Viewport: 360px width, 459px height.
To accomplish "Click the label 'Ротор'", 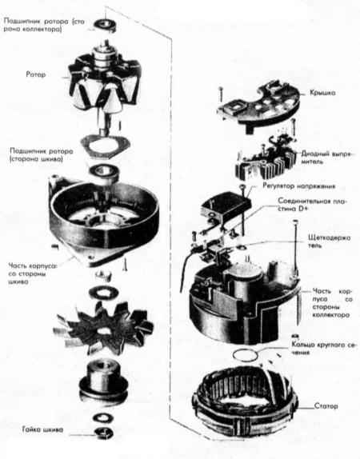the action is (36, 74).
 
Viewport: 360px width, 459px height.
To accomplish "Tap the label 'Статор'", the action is (326, 406).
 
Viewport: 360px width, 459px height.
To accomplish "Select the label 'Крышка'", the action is (322, 93).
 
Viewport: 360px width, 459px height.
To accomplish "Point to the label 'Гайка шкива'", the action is (42, 429).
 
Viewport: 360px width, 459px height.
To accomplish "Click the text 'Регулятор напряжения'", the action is (298, 186).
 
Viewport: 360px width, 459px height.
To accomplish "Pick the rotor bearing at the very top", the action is (105, 25).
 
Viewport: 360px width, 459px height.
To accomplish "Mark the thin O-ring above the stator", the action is (246, 355).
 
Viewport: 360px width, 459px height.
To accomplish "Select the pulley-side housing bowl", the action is (104, 221).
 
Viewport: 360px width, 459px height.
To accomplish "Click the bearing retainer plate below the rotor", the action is (105, 146).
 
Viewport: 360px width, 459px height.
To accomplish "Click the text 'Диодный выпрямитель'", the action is (326, 158).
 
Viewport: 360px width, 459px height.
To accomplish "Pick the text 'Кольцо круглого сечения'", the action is (325, 349).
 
